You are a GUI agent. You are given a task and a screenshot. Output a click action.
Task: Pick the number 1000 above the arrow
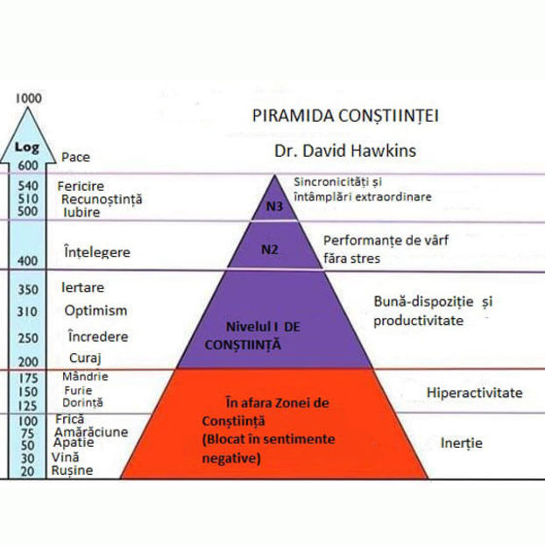29,97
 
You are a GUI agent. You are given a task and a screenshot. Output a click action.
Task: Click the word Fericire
81,187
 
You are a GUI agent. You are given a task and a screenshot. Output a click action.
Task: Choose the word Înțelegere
97,252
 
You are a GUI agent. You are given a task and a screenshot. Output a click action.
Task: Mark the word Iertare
83,287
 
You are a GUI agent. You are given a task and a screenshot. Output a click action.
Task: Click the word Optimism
96,310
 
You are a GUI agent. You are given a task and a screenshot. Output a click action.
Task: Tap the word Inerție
462,443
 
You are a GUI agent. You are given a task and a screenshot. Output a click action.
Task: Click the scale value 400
29,260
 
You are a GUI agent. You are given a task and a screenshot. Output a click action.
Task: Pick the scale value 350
29,289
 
